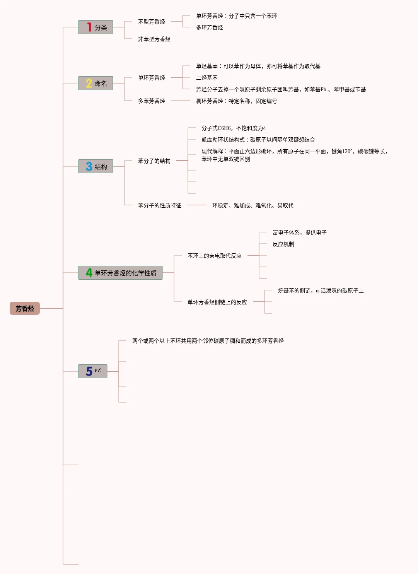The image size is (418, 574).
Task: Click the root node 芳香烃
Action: click(x=25, y=308)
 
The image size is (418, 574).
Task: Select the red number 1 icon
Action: click(x=89, y=27)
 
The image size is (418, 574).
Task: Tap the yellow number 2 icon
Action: click(x=89, y=83)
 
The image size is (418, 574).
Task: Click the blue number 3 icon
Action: click(x=89, y=166)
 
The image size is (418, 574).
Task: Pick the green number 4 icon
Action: click(x=89, y=273)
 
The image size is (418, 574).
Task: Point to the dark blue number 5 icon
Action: click(x=89, y=371)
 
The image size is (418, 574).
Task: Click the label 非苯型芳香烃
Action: click(x=154, y=39)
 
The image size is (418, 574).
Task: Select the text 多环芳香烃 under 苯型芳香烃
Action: click(x=209, y=27)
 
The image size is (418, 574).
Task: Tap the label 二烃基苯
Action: click(x=206, y=78)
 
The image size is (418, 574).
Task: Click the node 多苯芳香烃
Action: click(x=151, y=101)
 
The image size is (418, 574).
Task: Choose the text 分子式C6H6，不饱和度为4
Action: click(x=233, y=128)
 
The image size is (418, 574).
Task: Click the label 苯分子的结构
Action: click(x=154, y=161)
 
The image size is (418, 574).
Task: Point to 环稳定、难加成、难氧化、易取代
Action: click(x=253, y=205)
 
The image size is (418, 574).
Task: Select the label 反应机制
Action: click(x=283, y=244)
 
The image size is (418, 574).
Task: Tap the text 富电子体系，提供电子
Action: click(x=299, y=232)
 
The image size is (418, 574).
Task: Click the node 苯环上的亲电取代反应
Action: click(x=214, y=256)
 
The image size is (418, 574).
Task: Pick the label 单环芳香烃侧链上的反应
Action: click(x=217, y=302)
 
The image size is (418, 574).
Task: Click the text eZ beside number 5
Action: click(x=98, y=370)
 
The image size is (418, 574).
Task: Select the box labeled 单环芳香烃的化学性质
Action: click(x=125, y=273)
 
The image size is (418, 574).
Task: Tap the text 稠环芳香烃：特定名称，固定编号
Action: click(x=236, y=101)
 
